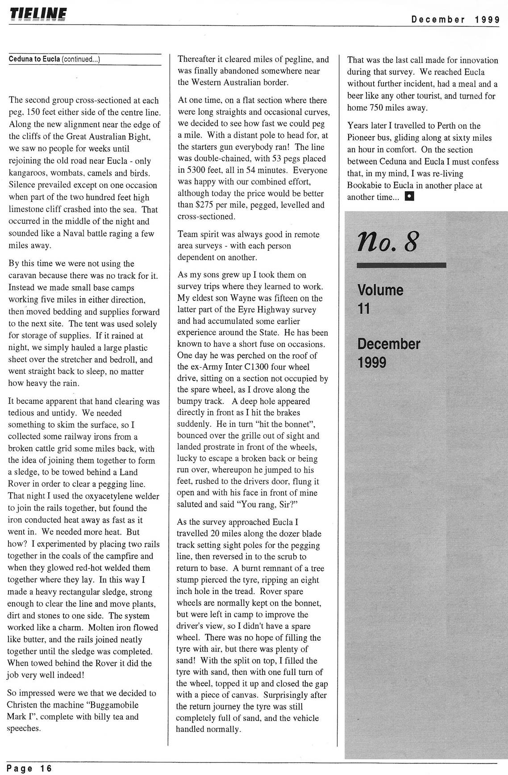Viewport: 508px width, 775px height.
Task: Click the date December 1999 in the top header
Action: click(455, 19)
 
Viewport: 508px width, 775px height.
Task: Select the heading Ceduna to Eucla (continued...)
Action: click(54, 59)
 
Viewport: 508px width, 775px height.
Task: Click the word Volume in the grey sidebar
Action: click(380, 290)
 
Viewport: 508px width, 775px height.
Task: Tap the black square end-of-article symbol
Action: click(409, 197)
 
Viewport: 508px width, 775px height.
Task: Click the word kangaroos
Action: click(26, 173)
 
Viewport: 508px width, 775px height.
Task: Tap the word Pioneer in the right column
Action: click(362, 138)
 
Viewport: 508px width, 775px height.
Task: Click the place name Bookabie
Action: click(365, 185)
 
